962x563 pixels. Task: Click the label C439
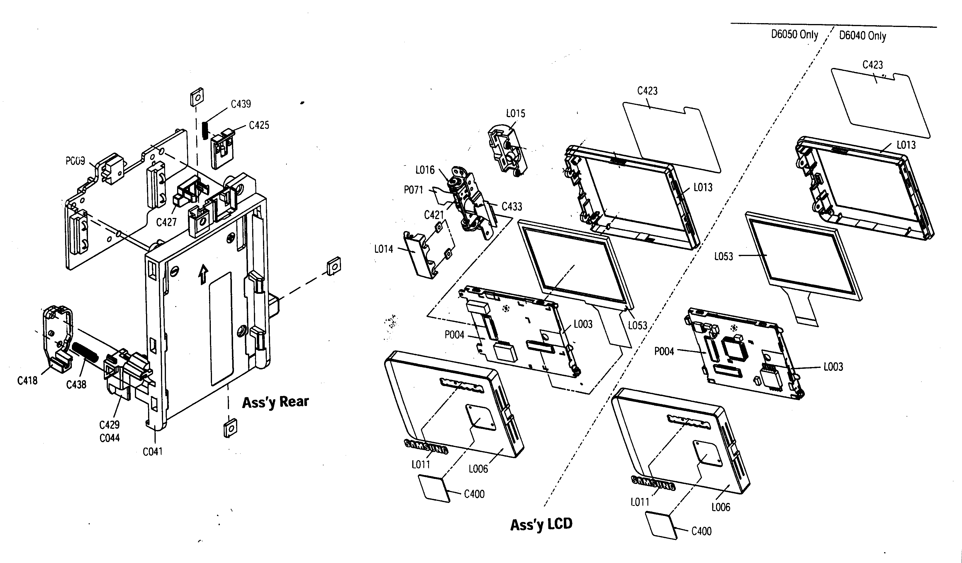click(241, 104)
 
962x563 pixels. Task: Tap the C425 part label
click(259, 125)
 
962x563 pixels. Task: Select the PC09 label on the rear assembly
click(75, 161)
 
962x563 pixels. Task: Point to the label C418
click(28, 380)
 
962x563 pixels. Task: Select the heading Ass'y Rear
click(275, 402)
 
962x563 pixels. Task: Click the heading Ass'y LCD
click(541, 524)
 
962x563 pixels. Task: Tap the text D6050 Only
click(794, 35)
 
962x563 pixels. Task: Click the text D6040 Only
click(862, 36)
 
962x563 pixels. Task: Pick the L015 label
click(515, 113)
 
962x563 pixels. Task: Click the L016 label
click(425, 170)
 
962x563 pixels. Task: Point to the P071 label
click(413, 190)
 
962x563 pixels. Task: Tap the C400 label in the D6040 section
click(701, 531)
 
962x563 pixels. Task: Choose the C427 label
click(167, 222)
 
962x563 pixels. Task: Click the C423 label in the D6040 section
click(873, 65)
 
